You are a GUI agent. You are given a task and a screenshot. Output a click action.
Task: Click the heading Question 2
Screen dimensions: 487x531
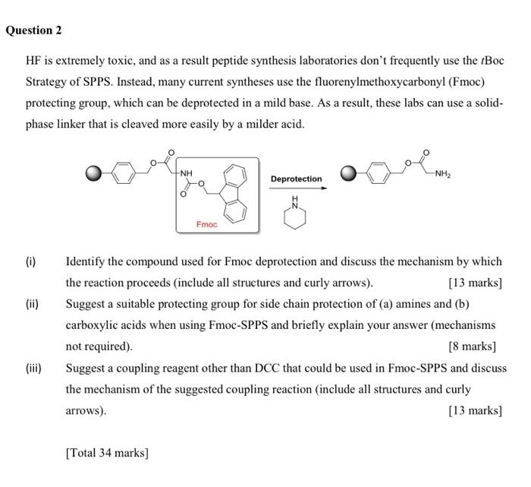pyautogui.click(x=33, y=30)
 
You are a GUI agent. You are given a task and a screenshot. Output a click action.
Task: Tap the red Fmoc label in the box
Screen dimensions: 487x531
pyautogui.click(x=206, y=224)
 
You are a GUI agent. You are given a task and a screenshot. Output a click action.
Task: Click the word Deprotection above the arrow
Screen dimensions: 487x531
pyautogui.click(x=296, y=179)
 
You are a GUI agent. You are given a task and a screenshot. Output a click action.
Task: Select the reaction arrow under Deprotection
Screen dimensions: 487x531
pyautogui.click(x=296, y=189)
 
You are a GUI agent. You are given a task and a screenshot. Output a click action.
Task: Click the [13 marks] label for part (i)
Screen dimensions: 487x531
pyautogui.click(x=475, y=283)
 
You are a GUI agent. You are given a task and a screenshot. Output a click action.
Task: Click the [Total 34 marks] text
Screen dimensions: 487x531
pyautogui.click(x=107, y=453)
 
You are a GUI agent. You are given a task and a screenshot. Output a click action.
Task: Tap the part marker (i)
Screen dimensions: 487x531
pyautogui.click(x=30, y=261)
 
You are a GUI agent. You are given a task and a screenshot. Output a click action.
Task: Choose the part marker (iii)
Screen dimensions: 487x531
pyautogui.click(x=33, y=368)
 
